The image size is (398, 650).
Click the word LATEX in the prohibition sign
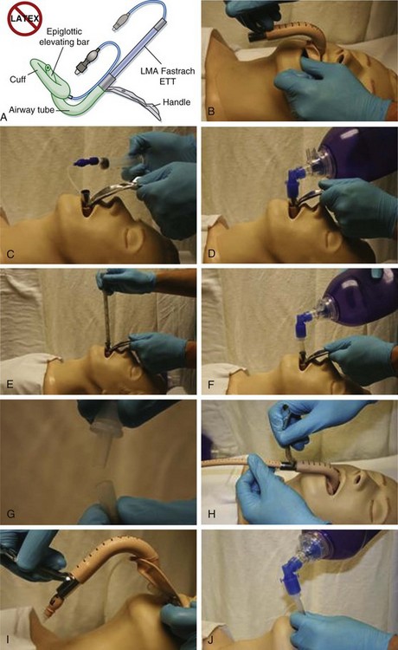tap(25, 18)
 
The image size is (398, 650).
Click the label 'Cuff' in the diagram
tap(18, 79)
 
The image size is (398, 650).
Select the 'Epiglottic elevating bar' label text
tap(64, 36)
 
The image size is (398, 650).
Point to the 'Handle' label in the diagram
tap(177, 102)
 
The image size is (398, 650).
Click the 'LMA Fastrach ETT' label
tap(168, 76)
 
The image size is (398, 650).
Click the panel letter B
tap(211, 111)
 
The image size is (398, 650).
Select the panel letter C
tap(10, 253)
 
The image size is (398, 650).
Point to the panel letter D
tap(211, 253)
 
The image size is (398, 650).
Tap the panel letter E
tap(10, 384)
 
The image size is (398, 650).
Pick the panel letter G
tap(10, 514)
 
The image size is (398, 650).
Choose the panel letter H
tap(211, 514)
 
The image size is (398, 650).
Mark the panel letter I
tap(6, 640)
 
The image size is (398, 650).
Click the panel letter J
tap(211, 640)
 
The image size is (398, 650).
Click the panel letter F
tap(211, 384)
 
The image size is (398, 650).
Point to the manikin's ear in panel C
tap(133, 238)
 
